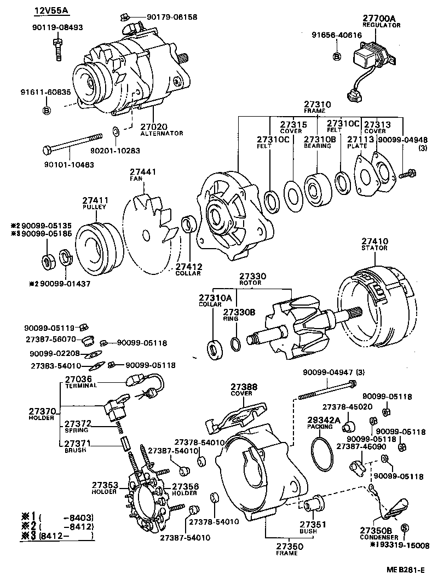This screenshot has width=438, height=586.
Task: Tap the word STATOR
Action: [374, 248]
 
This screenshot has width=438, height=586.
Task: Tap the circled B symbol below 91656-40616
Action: [337, 56]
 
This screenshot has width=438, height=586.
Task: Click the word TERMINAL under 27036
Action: [80, 386]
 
